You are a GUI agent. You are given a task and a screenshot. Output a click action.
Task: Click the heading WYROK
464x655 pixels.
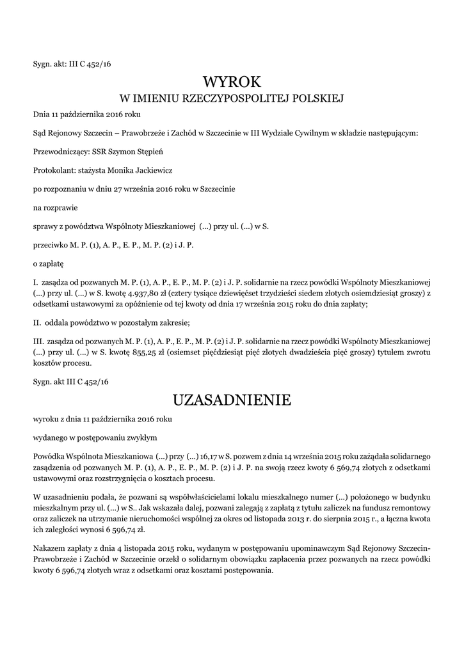(232, 82)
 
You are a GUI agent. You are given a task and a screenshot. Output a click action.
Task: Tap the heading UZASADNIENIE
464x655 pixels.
(232, 400)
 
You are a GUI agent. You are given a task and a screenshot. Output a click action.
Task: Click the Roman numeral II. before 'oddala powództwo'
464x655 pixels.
(37, 322)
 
